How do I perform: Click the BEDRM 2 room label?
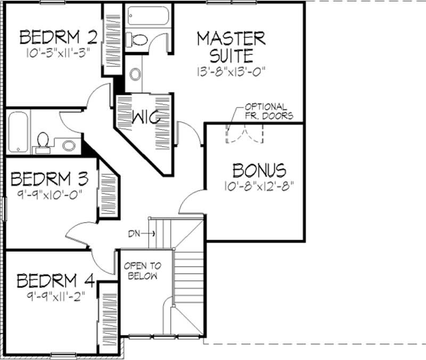(59, 37)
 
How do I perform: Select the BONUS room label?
(259, 170)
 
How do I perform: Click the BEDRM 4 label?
(55, 280)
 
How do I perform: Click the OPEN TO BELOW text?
(141, 271)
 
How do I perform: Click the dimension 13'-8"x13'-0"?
(231, 70)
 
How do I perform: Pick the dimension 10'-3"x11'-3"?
(57, 53)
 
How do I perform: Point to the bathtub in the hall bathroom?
(18, 132)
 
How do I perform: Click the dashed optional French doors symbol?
(244, 133)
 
